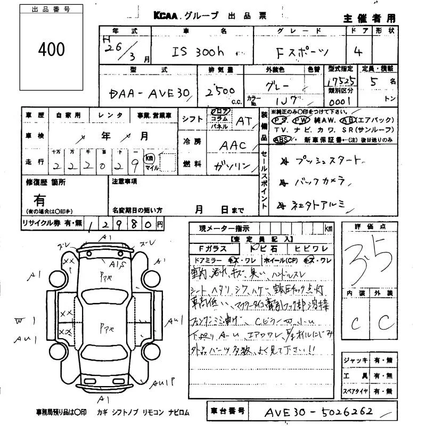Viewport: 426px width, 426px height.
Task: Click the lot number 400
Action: [x=52, y=50]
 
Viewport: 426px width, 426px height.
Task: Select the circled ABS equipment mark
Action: [x=281, y=140]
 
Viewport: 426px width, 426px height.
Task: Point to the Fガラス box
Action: [x=212, y=248]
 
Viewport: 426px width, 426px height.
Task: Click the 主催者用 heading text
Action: [x=370, y=18]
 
